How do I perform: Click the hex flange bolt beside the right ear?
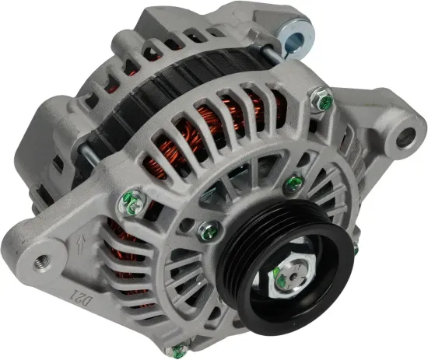322,101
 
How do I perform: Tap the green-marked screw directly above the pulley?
294,183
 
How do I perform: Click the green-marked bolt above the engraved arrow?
132,202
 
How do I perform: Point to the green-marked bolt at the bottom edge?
181,350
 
